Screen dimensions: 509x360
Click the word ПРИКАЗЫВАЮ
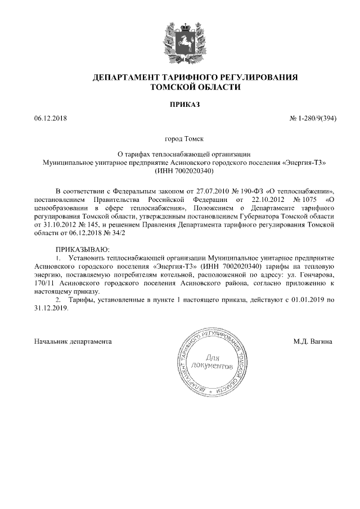click(x=81, y=249)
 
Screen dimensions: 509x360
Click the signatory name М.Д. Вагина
click(x=313, y=341)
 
